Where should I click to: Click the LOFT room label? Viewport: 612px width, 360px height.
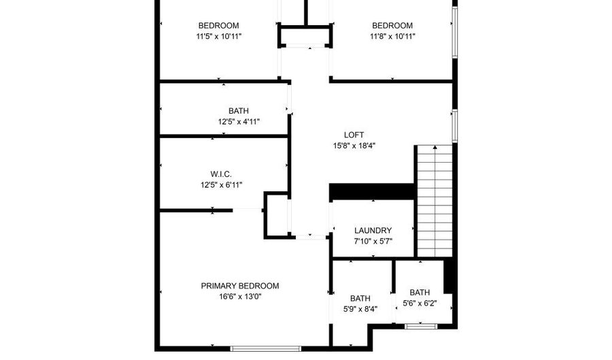(354, 135)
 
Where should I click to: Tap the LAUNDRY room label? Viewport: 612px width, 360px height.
(373, 231)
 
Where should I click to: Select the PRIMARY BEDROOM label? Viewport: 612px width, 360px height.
(240, 286)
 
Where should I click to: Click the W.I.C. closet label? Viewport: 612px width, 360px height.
(221, 174)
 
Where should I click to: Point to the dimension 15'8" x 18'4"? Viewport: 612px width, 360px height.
(354, 146)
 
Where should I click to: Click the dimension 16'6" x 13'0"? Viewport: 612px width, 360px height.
(240, 297)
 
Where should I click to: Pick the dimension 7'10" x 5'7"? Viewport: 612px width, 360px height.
(373, 242)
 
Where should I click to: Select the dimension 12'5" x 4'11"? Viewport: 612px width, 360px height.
(239, 122)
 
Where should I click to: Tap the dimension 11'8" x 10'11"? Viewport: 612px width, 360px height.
(392, 37)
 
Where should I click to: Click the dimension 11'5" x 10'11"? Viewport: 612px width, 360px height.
(219, 37)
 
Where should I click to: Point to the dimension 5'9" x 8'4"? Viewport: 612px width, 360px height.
(360, 310)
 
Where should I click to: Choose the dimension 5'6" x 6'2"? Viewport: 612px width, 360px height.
(420, 304)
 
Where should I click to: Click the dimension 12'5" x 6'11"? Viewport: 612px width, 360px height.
(221, 185)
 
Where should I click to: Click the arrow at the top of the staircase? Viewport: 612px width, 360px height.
(435, 147)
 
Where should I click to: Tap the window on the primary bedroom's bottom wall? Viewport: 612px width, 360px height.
(266, 348)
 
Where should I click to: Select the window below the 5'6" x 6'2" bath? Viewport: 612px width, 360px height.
(420, 326)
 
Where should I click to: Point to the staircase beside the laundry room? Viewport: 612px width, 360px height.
(435, 201)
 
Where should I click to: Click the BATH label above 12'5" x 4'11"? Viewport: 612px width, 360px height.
(239, 111)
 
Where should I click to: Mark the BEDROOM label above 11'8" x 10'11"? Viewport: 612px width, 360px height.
(392, 26)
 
